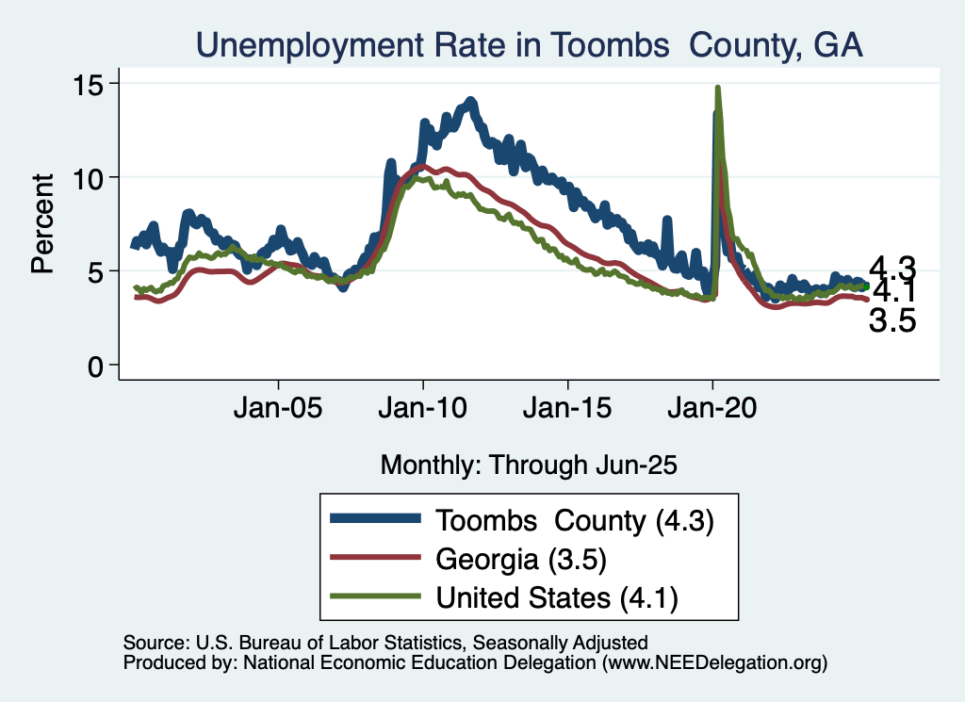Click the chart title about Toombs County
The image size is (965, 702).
click(529, 43)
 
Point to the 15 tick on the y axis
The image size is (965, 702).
click(90, 83)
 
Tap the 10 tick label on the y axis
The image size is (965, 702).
click(90, 177)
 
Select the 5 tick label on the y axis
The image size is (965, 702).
click(98, 271)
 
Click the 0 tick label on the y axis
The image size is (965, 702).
click(98, 366)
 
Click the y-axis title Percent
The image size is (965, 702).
click(42, 223)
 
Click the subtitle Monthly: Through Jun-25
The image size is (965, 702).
click(529, 464)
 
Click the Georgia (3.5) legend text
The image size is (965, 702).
click(519, 559)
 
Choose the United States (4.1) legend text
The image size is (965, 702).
click(557, 596)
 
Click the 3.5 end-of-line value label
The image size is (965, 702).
click(892, 322)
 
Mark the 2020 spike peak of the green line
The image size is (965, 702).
click(718, 89)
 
